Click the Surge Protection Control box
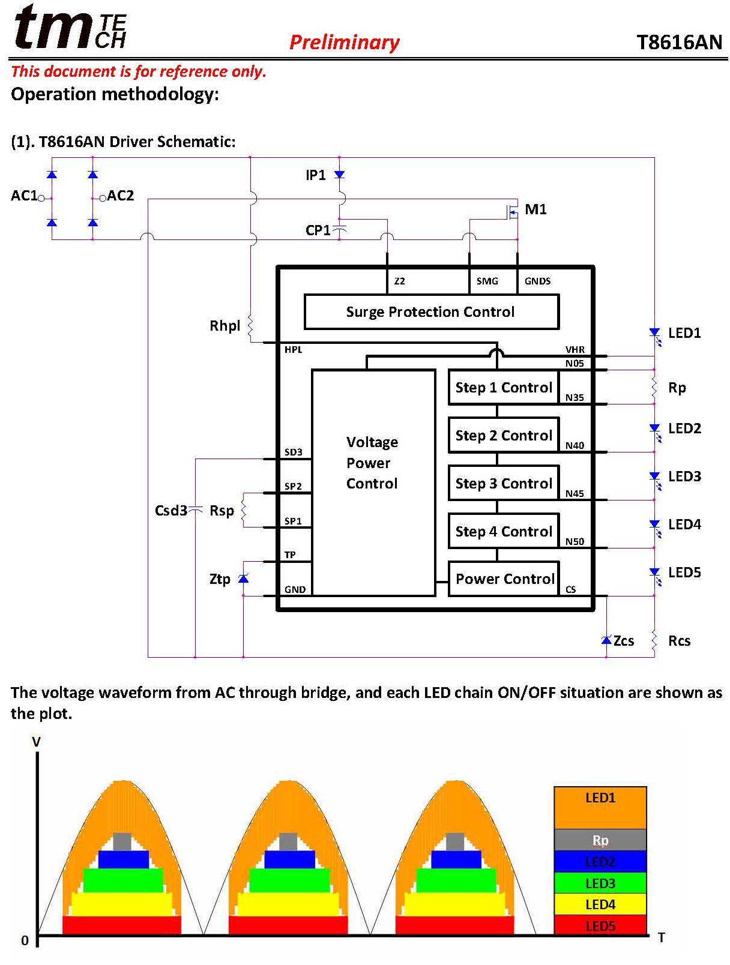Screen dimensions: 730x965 coord(431,311)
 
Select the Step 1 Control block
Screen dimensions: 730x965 coord(503,387)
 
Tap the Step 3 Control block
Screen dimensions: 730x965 coord(503,483)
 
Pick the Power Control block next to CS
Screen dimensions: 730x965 coord(504,579)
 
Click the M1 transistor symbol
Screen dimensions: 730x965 coord(512,211)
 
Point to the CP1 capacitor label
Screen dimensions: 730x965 coord(318,230)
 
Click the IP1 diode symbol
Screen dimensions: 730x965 coord(340,175)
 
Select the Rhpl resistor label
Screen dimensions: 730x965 coord(225,326)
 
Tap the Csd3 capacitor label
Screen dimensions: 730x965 coord(170,511)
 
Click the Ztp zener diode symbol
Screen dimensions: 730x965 coord(243,578)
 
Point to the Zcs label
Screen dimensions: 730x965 coord(624,640)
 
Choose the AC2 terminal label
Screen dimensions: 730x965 coord(120,195)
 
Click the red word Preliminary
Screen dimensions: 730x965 coord(345,42)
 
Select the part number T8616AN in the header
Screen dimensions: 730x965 coord(680,42)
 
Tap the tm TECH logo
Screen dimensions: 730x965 coord(70,27)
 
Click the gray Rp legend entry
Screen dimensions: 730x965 coord(600,840)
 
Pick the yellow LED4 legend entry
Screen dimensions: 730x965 coord(600,904)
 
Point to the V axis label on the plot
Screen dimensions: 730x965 coord(36,742)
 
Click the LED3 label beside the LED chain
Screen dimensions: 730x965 coord(684,476)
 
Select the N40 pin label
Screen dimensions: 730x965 coord(575,445)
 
